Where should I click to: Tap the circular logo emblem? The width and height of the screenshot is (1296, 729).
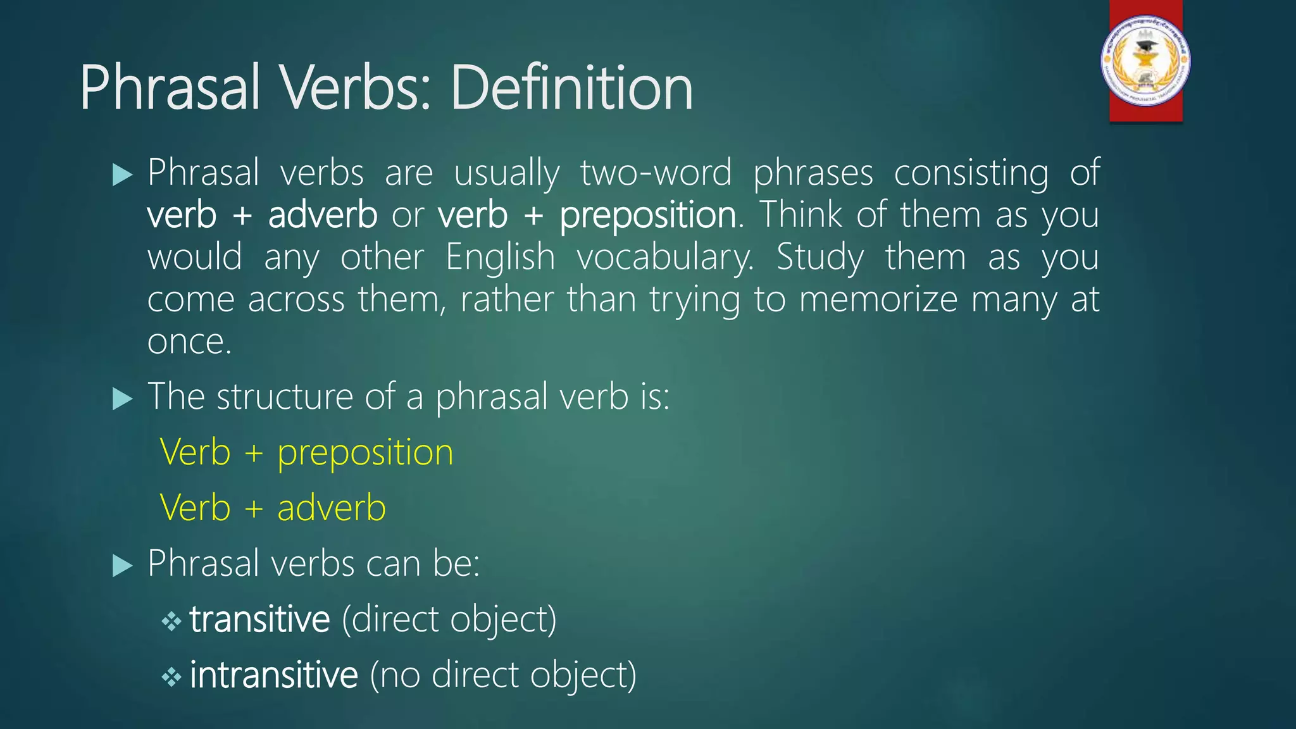tap(1145, 61)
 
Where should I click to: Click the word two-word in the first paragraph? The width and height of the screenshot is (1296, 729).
tap(656, 173)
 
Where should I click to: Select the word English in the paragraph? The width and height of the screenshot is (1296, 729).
tap(500, 258)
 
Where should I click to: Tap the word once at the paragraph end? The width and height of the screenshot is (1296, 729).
tap(189, 342)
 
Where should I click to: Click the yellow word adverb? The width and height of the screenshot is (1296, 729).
tap(332, 508)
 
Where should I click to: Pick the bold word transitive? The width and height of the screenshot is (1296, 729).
tap(259, 619)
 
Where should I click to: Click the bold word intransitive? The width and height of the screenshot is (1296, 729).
tap(273, 675)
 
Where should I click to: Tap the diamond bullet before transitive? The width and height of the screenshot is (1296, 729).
tap(171, 621)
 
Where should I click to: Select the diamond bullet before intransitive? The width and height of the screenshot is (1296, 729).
tap(171, 677)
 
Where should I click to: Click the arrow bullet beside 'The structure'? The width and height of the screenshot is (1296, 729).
tap(122, 399)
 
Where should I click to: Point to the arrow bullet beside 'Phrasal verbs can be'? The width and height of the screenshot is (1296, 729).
tap(122, 565)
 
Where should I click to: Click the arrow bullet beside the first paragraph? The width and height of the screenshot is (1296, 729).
tap(122, 175)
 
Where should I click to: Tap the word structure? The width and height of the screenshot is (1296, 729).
tap(284, 397)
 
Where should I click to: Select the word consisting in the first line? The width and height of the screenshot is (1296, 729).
tap(971, 173)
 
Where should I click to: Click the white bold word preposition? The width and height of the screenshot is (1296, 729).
tap(648, 215)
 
